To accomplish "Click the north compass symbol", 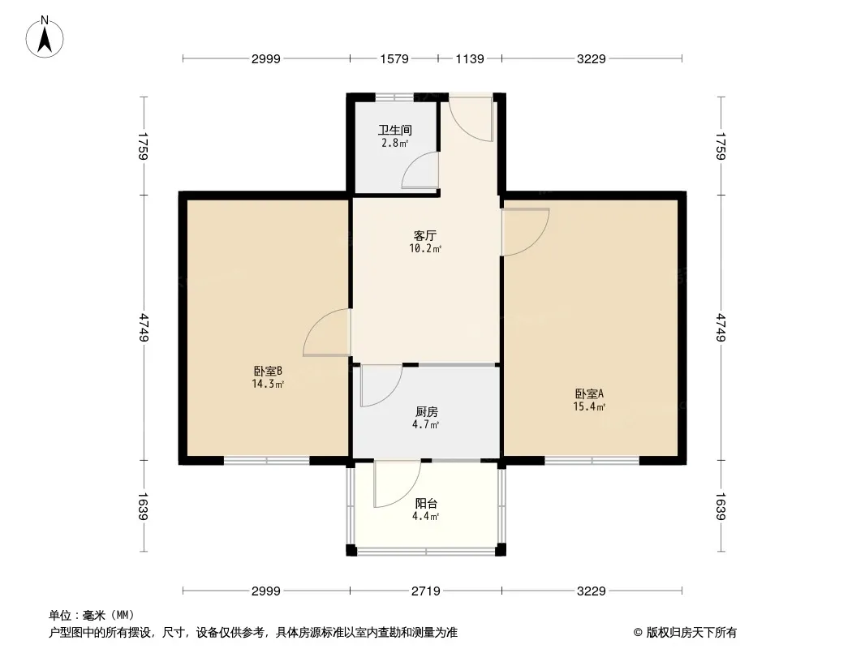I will click(45, 37).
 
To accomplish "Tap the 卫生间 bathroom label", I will click(395, 130).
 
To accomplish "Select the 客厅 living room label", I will click(425, 235).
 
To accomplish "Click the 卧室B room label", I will click(267, 372).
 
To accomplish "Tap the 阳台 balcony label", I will click(425, 503).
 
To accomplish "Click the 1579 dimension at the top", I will click(394, 58).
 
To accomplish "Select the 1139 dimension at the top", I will click(470, 58).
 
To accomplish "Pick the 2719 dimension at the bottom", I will click(425, 591).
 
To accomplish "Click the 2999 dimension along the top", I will click(265, 58).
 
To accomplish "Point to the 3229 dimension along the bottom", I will click(591, 591).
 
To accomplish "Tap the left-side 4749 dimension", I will click(144, 327).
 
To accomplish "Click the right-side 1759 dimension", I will click(721, 146).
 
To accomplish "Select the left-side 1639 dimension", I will click(144, 506).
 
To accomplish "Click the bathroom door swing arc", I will click(420, 171).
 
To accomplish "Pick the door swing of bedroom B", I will click(326, 334).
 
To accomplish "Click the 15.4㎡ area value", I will click(590, 407).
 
